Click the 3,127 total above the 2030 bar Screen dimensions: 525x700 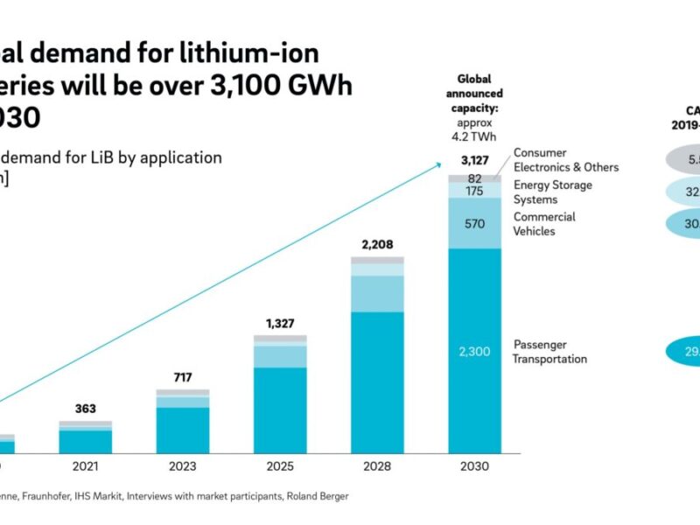475,160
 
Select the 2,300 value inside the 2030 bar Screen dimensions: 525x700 475,351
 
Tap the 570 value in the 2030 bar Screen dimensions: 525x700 475,223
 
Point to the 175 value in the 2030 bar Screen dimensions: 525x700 475,191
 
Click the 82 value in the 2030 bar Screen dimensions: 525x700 475,178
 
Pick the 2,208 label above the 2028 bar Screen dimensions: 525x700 377,245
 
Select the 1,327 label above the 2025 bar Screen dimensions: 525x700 280,325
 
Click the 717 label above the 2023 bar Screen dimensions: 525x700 183,378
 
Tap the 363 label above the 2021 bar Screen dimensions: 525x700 86,409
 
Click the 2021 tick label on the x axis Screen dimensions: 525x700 86,467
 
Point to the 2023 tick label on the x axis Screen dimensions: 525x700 183,467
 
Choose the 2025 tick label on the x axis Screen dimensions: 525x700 280,467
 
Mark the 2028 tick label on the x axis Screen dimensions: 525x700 377,467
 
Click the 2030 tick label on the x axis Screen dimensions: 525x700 475,467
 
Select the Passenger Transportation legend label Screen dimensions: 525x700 549,352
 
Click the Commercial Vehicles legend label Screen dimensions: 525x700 544,224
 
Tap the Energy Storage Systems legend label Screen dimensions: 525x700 552,192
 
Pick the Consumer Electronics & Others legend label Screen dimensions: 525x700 565,160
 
